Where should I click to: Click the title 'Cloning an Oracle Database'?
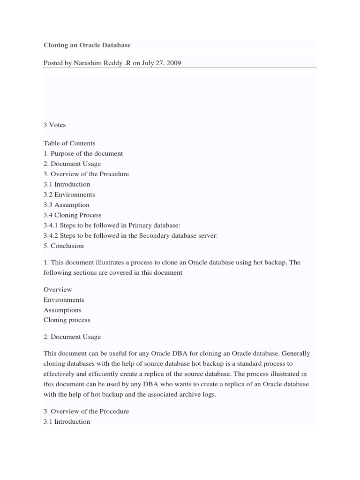[87, 45]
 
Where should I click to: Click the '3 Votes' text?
[55, 125]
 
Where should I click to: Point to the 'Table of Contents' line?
[69, 143]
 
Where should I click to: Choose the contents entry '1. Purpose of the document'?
[83, 154]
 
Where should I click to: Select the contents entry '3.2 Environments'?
[69, 195]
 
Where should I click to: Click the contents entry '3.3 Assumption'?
[66, 205]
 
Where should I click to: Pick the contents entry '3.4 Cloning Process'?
[72, 215]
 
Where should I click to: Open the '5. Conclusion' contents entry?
[64, 246]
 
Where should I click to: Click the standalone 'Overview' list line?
[58, 290]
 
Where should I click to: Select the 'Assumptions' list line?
[62, 310]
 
